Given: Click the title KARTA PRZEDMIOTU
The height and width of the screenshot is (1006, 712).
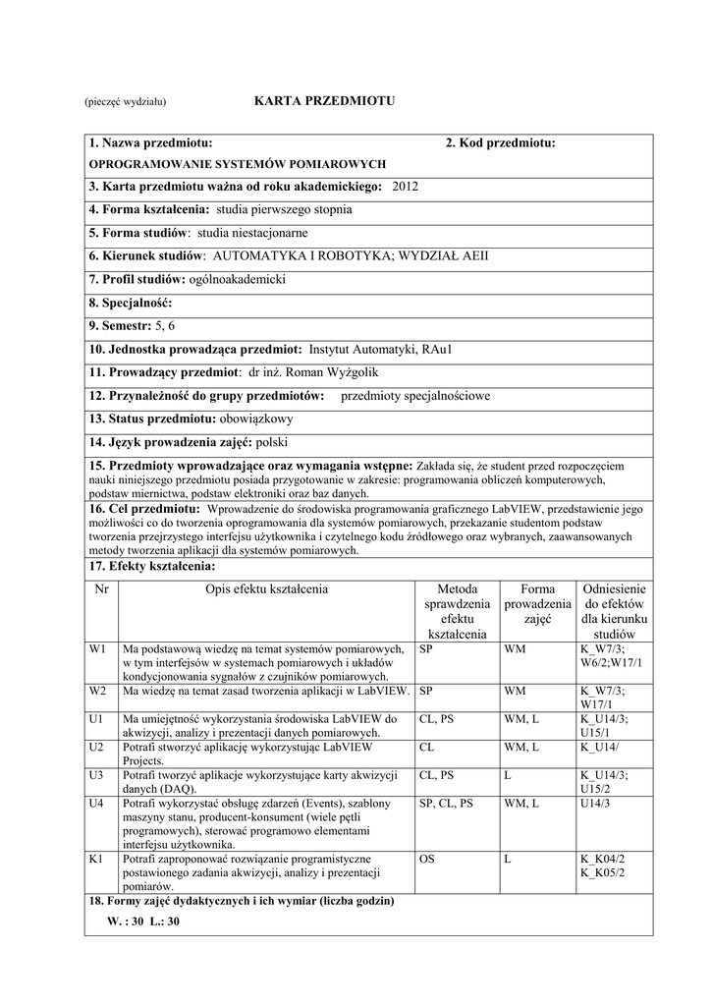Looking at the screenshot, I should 310,101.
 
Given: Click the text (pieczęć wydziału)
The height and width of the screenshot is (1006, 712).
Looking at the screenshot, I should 125,102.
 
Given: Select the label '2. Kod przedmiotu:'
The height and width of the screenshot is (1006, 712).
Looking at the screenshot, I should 500,143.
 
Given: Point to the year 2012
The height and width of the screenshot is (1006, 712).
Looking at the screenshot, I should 405,186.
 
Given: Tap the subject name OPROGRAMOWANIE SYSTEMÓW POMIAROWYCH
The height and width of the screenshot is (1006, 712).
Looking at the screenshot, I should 238,164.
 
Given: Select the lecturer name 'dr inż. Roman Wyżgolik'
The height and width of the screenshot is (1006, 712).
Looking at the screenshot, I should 312,372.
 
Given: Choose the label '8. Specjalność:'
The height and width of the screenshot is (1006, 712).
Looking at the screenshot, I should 131,303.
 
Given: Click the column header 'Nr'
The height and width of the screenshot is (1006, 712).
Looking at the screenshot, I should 101,589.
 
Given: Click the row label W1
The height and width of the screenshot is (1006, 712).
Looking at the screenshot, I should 97,649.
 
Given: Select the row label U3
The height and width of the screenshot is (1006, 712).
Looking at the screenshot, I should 96,775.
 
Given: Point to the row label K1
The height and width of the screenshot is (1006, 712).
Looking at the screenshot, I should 96,859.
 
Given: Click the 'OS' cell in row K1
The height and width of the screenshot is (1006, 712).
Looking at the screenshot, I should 427,859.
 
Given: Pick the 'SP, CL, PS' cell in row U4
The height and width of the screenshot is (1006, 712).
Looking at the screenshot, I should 446,803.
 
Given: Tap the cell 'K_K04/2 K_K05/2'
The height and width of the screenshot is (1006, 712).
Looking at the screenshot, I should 602,866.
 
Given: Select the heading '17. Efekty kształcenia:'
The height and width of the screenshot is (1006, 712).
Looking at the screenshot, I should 152,567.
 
